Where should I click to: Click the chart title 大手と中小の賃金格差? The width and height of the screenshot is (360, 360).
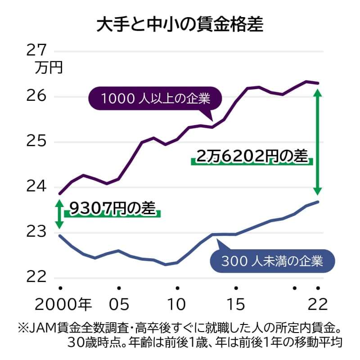tap(180, 24)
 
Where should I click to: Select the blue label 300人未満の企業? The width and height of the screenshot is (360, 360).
tap(272, 261)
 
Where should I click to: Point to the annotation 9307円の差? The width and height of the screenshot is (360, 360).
tap(112, 208)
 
